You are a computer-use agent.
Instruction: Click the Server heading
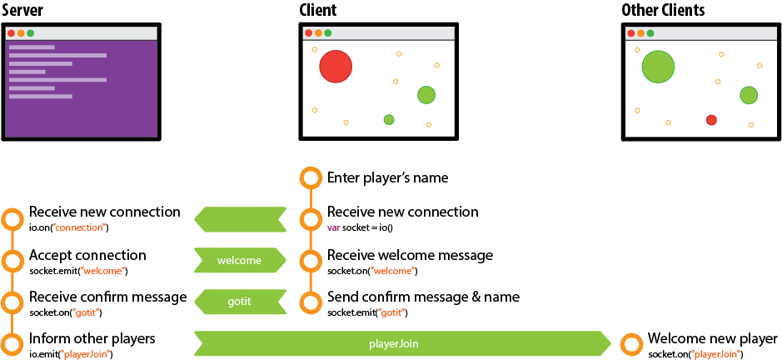click(x=22, y=11)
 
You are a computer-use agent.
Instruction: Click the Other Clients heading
click(x=663, y=11)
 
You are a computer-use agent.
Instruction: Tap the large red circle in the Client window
click(x=336, y=67)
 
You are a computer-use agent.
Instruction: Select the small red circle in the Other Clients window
click(x=711, y=120)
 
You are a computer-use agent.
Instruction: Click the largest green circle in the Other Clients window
click(x=658, y=67)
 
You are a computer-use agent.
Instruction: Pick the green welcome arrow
click(x=239, y=260)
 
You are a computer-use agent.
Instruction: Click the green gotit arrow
click(x=240, y=302)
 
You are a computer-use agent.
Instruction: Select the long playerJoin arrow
click(x=403, y=342)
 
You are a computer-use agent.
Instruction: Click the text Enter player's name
click(x=387, y=177)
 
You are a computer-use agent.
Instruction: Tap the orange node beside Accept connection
click(x=12, y=260)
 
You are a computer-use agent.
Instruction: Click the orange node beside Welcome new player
click(x=630, y=342)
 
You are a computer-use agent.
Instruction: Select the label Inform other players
click(x=92, y=338)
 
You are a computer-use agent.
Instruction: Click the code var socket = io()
click(x=360, y=227)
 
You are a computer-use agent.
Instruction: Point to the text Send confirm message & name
click(x=423, y=297)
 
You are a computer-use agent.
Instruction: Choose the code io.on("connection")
click(x=68, y=227)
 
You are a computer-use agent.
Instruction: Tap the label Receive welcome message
click(x=410, y=255)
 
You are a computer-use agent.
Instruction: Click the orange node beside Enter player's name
click(x=310, y=177)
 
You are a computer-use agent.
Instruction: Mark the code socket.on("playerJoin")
click(x=695, y=354)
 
